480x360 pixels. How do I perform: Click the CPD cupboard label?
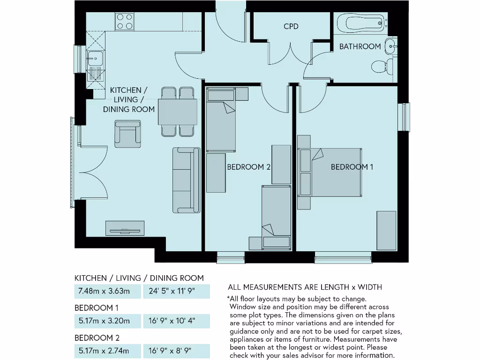click(x=291, y=26)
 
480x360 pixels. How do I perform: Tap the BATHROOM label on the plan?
click(x=360, y=46)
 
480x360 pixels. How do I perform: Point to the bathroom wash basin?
click(x=390, y=46)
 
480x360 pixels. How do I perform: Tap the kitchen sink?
click(x=95, y=59)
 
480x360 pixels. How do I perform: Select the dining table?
click(x=178, y=112)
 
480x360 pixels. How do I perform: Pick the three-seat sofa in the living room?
click(x=186, y=180)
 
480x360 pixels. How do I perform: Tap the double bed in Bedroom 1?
click(x=335, y=172)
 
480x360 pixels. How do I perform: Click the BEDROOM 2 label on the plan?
click(x=249, y=167)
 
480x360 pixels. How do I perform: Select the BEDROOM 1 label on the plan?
click(x=352, y=167)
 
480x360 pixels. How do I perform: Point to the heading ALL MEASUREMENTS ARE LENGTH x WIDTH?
click(x=305, y=287)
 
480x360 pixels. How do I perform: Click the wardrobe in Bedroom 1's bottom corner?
click(x=386, y=231)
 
